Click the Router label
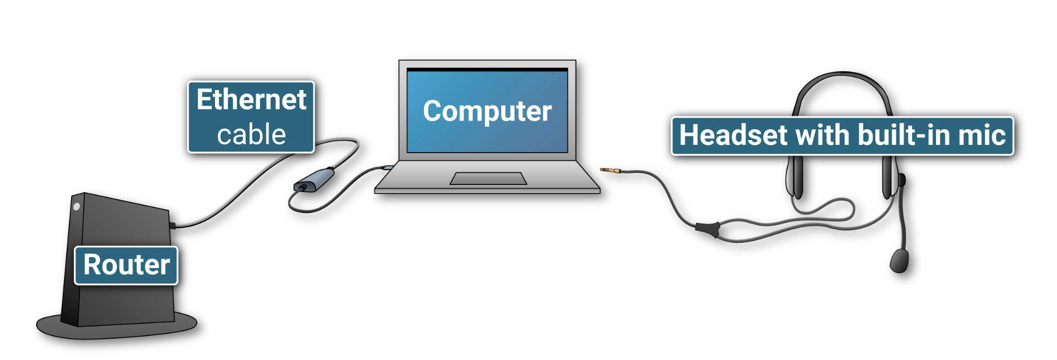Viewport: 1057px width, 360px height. coord(126,265)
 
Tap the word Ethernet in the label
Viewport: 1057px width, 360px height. coord(251,100)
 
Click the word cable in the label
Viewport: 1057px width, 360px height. coord(251,135)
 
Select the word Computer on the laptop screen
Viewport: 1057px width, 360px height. coord(487,112)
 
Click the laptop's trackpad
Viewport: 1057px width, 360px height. coord(488,178)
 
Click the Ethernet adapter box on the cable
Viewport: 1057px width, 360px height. coord(314,180)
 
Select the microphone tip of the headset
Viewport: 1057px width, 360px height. coord(899,260)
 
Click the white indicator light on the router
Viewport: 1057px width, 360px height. coord(77,207)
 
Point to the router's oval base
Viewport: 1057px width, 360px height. coord(116,327)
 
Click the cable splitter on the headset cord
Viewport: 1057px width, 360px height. coord(707,228)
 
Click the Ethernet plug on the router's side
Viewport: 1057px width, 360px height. coord(172,225)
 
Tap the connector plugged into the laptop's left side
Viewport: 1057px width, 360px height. coord(387,167)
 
